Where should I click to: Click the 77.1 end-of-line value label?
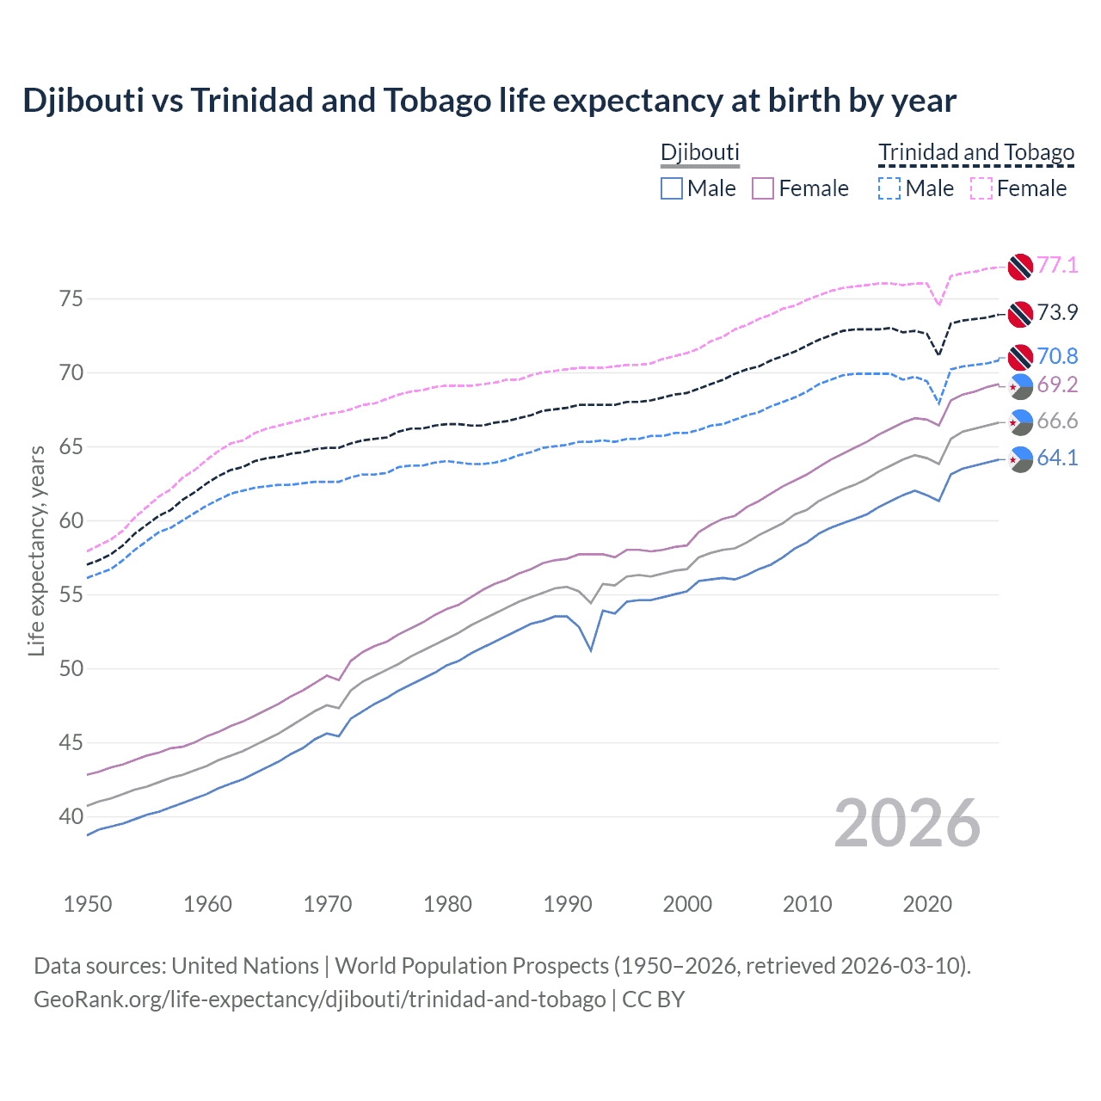click(x=1057, y=266)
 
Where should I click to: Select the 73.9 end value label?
click(x=1057, y=313)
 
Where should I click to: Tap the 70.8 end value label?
click(x=1057, y=357)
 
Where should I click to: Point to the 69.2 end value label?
click(x=1057, y=385)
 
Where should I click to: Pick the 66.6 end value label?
click(x=1057, y=421)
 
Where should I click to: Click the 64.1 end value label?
click(x=1057, y=458)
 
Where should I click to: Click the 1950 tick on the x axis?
click(x=88, y=904)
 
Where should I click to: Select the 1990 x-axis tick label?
click(x=568, y=904)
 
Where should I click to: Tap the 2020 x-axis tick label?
click(x=927, y=904)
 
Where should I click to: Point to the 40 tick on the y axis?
click(x=71, y=816)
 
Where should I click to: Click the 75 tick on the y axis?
click(x=71, y=299)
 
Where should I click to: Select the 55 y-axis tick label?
click(x=71, y=594)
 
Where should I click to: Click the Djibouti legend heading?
click(x=699, y=153)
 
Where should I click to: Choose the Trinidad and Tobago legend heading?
click(x=976, y=153)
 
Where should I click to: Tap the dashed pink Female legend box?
click(x=981, y=188)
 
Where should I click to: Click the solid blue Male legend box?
click(x=672, y=188)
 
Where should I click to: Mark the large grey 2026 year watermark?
click(x=907, y=823)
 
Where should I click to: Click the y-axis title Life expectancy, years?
click(x=36, y=550)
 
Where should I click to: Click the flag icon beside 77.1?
click(x=1020, y=267)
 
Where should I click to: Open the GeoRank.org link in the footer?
click(x=319, y=1000)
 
